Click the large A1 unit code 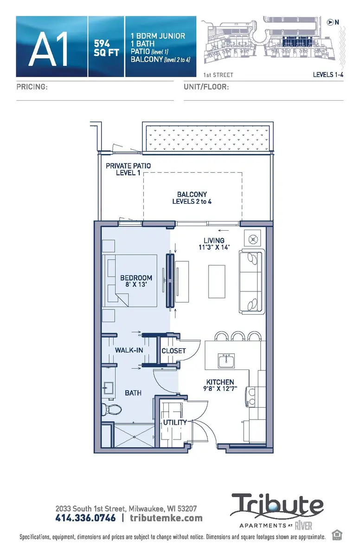[x=49, y=47]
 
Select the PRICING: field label [x=32, y=87]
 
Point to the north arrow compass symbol [x=330, y=22]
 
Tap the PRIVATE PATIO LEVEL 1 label [x=129, y=169]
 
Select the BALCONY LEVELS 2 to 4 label [x=192, y=198]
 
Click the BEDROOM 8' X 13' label [x=136, y=281]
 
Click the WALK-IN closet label [x=129, y=350]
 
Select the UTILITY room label [x=174, y=422]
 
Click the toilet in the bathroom [x=112, y=409]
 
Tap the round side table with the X [x=254, y=239]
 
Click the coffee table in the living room [x=217, y=281]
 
